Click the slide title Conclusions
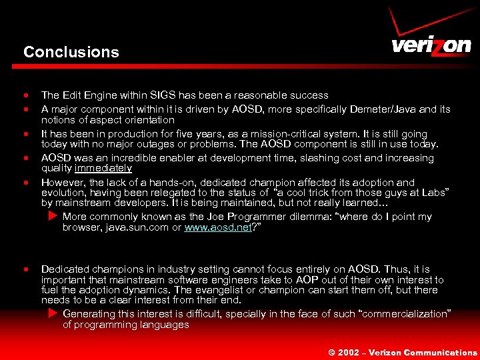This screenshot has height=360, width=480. coord(71,52)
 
